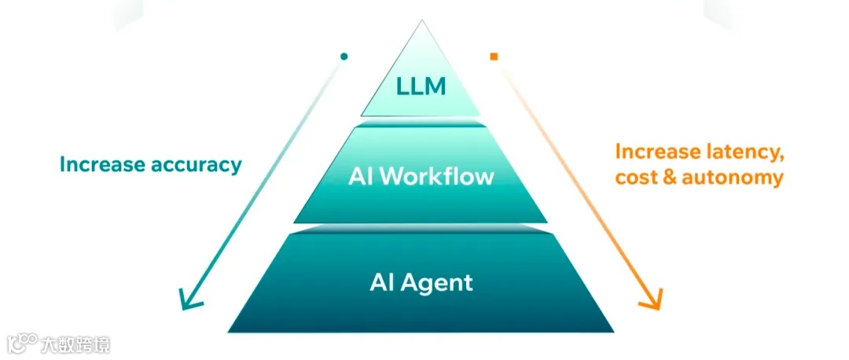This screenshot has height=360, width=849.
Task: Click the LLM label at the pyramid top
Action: coord(421,85)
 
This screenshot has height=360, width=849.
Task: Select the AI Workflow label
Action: coord(421,176)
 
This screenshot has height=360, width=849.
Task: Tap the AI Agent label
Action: coord(421,281)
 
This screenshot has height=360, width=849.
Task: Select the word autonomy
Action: coord(734,178)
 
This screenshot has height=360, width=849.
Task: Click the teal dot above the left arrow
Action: coord(344,57)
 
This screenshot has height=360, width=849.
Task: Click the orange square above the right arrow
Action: coord(494,57)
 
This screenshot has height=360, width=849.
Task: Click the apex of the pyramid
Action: coord(421,22)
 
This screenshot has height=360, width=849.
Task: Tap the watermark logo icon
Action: coord(22,343)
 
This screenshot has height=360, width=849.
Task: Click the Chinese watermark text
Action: coord(76,344)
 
